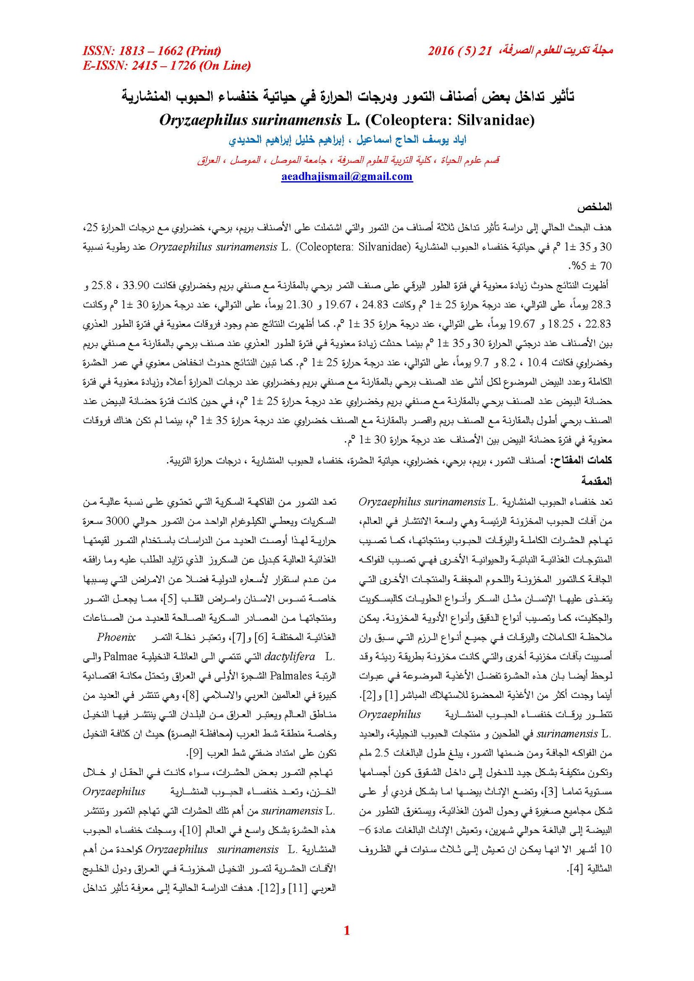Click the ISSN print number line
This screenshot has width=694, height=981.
[151, 51]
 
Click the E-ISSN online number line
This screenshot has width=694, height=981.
[167, 66]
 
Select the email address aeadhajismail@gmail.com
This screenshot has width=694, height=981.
[347, 176]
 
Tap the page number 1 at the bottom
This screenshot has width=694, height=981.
[347, 931]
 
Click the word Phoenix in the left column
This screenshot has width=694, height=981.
[116, 637]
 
